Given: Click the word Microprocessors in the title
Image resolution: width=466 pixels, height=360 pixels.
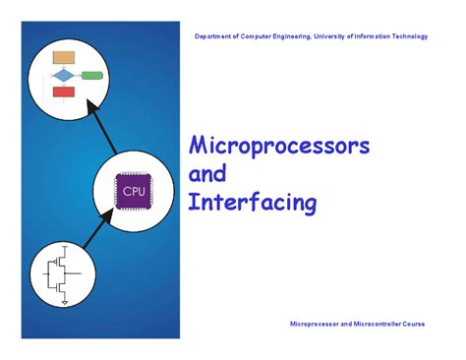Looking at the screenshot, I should [278, 147].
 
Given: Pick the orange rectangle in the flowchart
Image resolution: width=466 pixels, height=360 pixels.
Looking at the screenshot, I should [65, 56].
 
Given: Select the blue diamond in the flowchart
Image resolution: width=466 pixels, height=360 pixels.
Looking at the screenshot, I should [64, 75].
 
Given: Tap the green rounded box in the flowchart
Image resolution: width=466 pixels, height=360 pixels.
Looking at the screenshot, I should [92, 75].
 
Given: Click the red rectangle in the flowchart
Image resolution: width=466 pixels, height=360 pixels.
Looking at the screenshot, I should [64, 92].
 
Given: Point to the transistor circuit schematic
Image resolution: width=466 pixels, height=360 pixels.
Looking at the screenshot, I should [64, 274].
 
